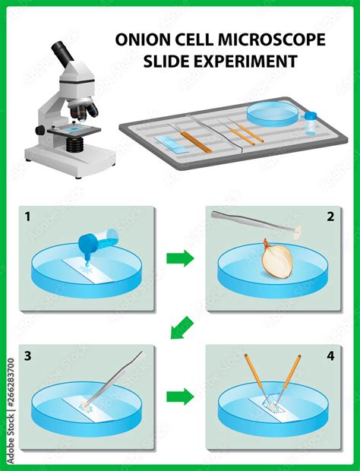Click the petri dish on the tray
[x=272, y=113]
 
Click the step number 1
[x=28, y=217]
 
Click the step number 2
[x=329, y=217]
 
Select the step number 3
[x=28, y=356]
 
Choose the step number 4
[x=329, y=356]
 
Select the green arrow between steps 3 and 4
[x=179, y=397]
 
